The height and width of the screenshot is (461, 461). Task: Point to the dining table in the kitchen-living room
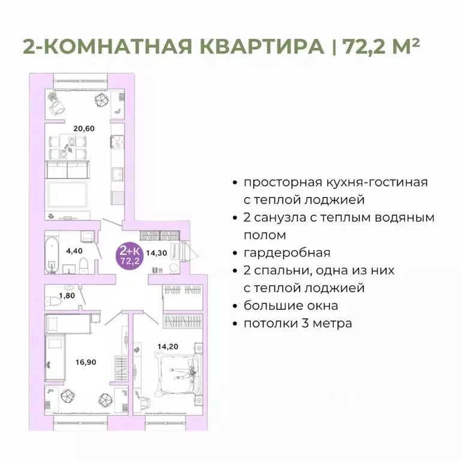click(70, 142)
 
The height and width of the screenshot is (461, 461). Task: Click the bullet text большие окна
click(291, 306)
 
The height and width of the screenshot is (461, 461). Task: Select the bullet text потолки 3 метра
click(298, 323)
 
